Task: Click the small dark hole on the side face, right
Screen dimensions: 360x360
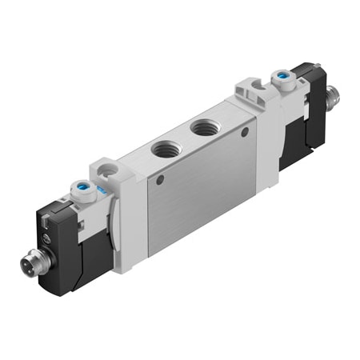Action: coord(245,130)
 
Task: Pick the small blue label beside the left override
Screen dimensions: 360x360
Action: coord(102,193)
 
